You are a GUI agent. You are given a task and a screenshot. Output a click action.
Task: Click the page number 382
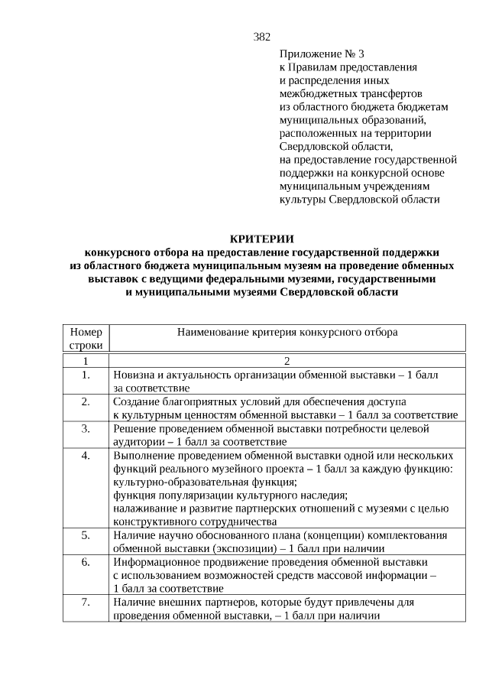click(262, 37)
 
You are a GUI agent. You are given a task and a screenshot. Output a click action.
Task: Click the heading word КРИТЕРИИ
click(262, 239)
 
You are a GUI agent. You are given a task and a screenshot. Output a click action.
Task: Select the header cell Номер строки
click(86, 339)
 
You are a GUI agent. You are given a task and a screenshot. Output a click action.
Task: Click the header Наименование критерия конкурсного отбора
click(287, 333)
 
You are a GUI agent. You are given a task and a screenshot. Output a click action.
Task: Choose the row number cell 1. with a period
click(86, 375)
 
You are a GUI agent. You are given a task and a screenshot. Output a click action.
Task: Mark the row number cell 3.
click(86, 428)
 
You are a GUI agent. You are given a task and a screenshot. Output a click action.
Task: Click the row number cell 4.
click(86, 455)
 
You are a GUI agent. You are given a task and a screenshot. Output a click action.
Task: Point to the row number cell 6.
click(86, 561)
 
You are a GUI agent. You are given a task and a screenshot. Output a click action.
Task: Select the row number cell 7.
click(86, 602)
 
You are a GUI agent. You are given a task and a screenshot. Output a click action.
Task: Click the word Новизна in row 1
click(134, 375)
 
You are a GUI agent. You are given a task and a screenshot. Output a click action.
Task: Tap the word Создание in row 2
click(135, 401)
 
